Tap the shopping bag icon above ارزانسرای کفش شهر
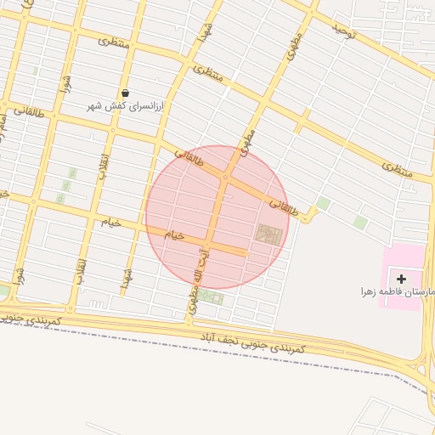pos(126,93)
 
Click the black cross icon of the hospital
pos(401,278)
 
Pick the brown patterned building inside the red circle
pos(268,234)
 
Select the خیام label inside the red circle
pos(173,234)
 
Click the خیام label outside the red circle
pos(111,222)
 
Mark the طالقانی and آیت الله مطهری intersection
pos(224,178)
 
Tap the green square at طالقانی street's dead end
pos(323,204)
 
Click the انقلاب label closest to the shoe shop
pos(105,161)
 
